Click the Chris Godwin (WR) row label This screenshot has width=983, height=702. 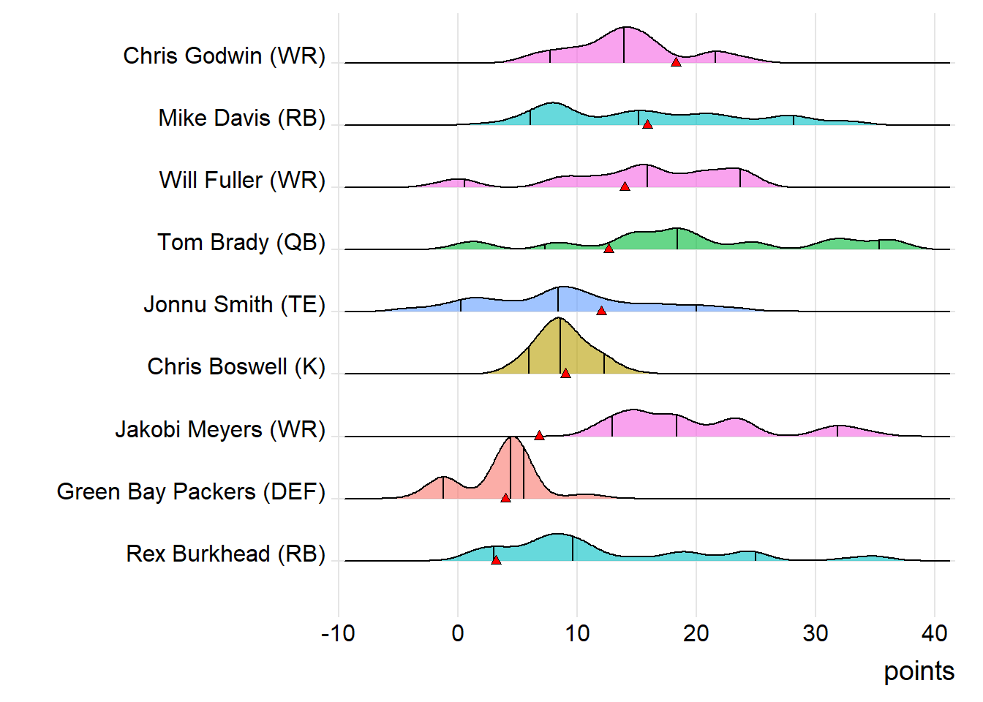point(224,56)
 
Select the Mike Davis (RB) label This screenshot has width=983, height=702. point(241,118)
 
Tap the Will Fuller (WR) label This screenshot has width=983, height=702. point(242,180)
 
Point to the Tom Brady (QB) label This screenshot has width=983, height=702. point(241,242)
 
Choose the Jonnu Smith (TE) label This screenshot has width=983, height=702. point(234,304)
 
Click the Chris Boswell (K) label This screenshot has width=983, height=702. point(236,366)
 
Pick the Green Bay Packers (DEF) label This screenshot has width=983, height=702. point(191,491)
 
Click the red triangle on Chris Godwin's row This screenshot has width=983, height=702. point(676,62)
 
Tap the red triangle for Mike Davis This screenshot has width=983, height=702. point(647,124)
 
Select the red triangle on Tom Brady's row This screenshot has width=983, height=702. point(609,249)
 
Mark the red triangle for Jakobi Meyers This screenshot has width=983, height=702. point(539,436)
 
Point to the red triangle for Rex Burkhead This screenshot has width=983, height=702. point(496,560)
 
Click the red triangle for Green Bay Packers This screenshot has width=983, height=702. point(505,498)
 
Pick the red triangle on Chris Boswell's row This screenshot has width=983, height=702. point(565,374)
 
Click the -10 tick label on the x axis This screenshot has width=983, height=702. point(338,633)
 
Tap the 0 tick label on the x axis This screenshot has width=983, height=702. point(458,633)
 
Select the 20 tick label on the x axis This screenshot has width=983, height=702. point(696,633)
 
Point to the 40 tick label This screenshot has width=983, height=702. point(934,633)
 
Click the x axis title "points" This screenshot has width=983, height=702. point(919,671)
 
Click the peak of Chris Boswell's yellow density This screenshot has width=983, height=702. point(559,319)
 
